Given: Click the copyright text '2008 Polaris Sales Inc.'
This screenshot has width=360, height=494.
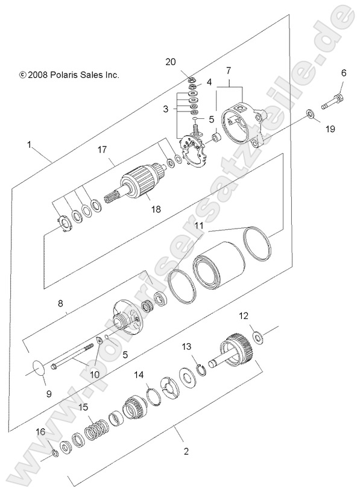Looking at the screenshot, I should pyautogui.click(x=69, y=75).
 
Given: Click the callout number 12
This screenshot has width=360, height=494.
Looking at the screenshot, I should pyautogui.click(x=244, y=315).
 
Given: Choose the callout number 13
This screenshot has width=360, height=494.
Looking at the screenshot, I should pyautogui.click(x=187, y=346).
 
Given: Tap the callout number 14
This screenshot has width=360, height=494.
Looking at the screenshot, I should pyautogui.click(x=139, y=375).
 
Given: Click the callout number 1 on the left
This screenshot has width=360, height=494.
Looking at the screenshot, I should pyautogui.click(x=29, y=144).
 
